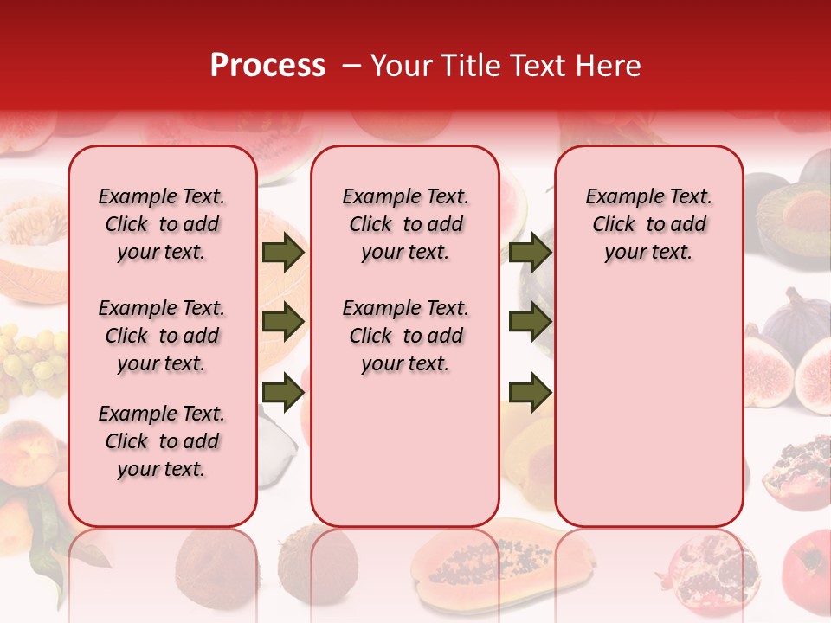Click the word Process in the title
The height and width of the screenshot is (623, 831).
267,66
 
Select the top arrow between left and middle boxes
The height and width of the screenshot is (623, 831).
283,253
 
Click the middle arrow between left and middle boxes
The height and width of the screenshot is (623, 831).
283,321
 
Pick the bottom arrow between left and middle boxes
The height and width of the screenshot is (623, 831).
283,391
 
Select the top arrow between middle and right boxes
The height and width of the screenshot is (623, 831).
530,253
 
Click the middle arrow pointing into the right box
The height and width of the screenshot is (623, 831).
530,321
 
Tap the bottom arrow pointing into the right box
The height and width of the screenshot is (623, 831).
530,391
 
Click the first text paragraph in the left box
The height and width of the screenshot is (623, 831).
162,224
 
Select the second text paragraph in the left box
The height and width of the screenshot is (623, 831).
162,336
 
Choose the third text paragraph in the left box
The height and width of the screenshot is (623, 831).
162,441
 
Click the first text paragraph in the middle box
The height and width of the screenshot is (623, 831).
405,224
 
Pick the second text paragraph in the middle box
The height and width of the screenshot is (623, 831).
405,336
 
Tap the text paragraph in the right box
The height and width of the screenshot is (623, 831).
648,224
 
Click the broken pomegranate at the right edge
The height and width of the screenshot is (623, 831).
796,472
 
